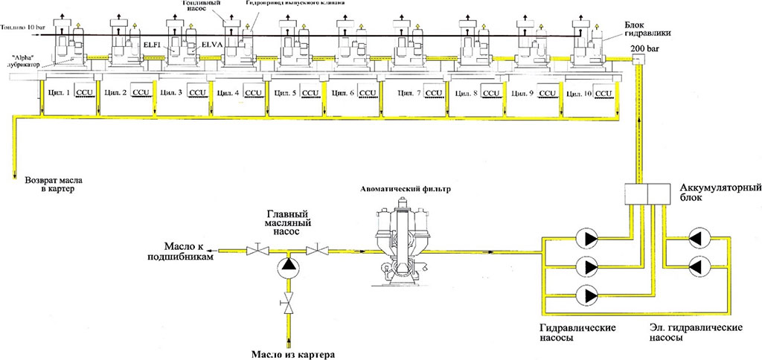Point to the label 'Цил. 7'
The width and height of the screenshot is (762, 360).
pyautogui.click(x=409, y=94)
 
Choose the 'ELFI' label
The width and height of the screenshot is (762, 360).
pyautogui.click(x=153, y=45)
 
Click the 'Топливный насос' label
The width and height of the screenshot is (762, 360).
pyautogui.click(x=200, y=8)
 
